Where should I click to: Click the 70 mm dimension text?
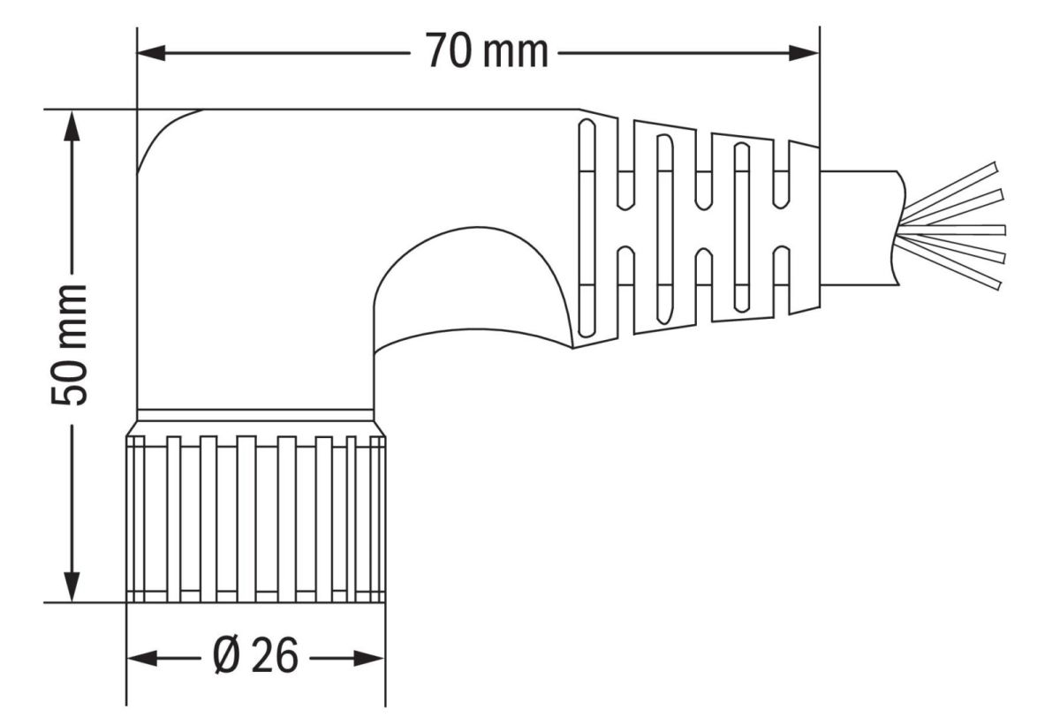487,51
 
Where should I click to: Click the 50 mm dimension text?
70,344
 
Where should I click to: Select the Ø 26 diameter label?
255,655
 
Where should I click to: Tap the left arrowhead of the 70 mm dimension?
151,53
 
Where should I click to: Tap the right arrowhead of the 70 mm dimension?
804,53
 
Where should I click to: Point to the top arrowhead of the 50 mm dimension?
72,125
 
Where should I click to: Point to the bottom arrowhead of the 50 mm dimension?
72,587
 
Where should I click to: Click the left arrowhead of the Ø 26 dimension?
142,658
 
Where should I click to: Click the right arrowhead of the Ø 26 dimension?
369,658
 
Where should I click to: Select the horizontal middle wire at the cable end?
952,230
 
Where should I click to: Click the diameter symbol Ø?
227,655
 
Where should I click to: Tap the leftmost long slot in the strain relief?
587,229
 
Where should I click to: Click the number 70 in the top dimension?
449,50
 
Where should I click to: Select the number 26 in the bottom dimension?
275,655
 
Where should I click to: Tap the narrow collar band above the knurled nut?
255,415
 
